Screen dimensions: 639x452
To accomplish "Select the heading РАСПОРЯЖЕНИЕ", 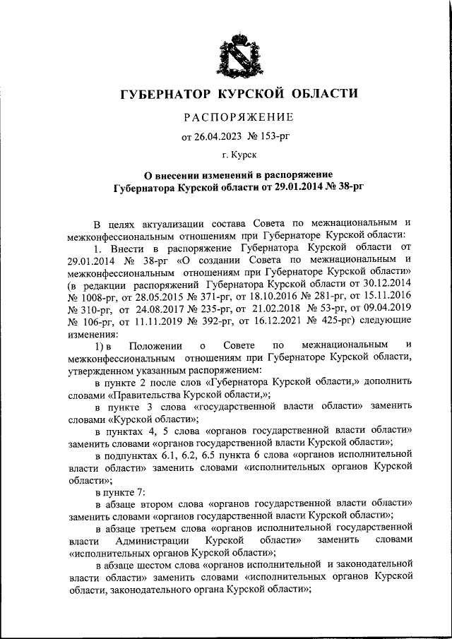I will [227, 117].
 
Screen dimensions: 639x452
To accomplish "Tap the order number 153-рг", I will [269, 136].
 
